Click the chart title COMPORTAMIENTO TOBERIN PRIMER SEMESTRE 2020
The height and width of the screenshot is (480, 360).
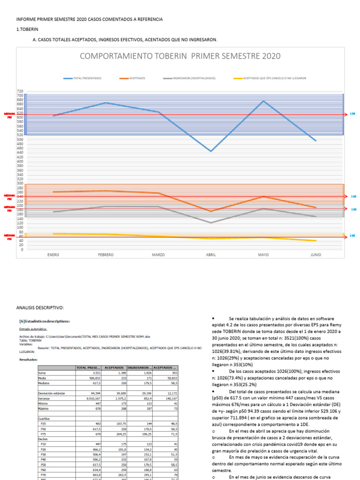click(x=180, y=56)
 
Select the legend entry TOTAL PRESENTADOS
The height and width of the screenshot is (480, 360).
click(x=87, y=78)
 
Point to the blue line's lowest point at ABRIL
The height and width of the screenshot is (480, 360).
click(x=210, y=151)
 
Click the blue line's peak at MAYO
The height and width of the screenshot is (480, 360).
click(x=263, y=101)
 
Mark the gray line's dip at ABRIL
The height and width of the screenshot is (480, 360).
click(x=210, y=223)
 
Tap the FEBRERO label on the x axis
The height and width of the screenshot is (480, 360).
click(x=105, y=255)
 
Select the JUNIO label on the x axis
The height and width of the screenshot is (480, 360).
click(x=316, y=255)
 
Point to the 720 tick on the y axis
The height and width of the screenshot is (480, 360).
click(x=20, y=91)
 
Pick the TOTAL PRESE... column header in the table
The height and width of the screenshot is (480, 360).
click(x=89, y=367)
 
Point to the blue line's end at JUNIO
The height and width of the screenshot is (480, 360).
click(x=316, y=141)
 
